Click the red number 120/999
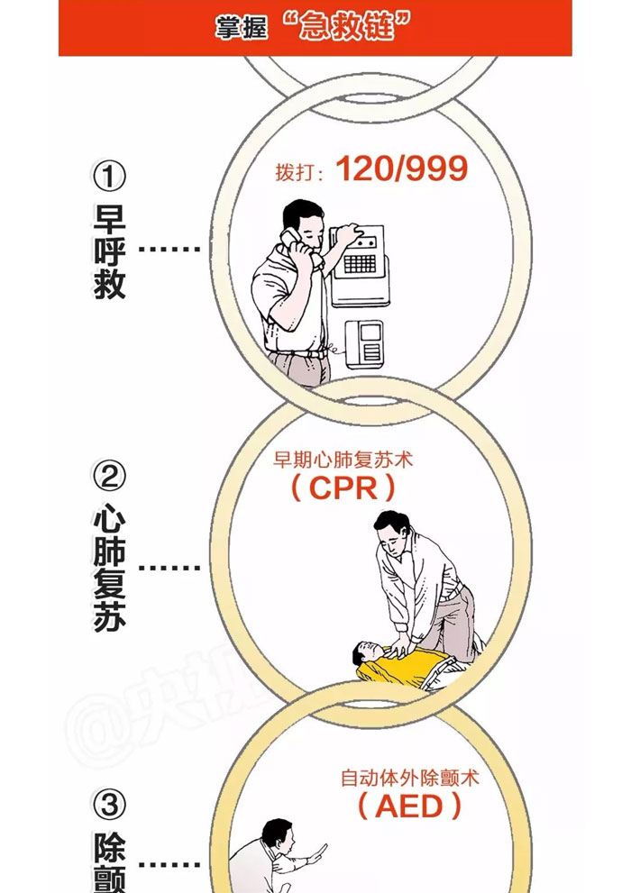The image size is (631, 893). coord(401,169)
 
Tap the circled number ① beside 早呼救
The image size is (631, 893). coord(109,176)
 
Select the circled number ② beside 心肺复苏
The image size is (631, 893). coord(109,476)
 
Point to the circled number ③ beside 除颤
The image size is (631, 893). coord(109,805)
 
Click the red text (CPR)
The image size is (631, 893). coord(343,488)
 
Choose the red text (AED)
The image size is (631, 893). coord(409,806)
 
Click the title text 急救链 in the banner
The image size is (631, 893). coord(347,27)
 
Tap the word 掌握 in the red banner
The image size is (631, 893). coord(241,28)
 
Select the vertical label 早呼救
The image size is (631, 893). coord(109,251)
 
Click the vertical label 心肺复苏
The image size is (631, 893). coord(109,567)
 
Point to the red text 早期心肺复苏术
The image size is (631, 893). coord(343,459)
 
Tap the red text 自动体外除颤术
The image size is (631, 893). coord(410,778)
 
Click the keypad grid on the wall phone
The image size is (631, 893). coord(360,264)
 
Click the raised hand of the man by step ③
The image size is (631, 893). coord(318,852)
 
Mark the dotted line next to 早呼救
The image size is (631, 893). coord(169,249)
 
